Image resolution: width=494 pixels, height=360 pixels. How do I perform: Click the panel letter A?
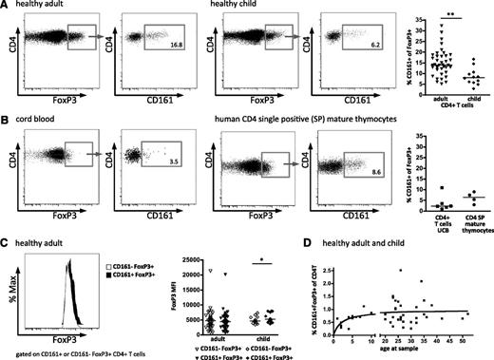pyautogui.click(x=6, y=7)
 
